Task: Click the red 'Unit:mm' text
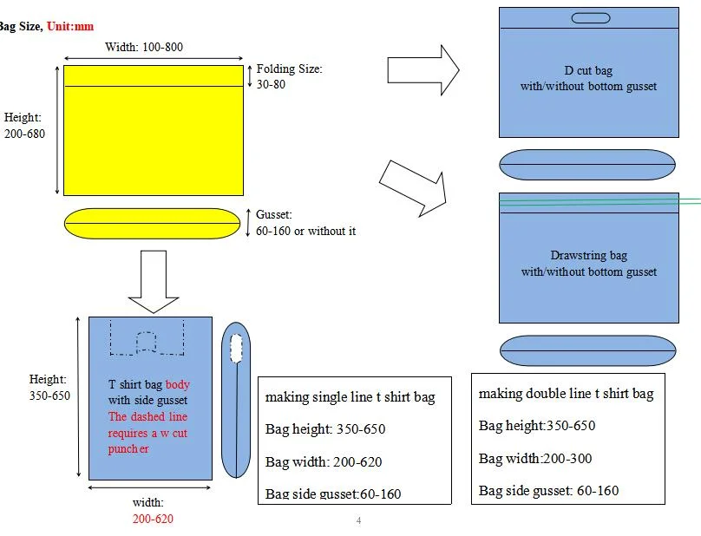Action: click(x=70, y=26)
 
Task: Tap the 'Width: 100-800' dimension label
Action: click(x=144, y=47)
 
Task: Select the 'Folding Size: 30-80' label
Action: click(x=289, y=76)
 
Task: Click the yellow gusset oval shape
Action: click(x=153, y=223)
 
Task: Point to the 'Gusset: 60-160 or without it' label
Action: click(x=305, y=223)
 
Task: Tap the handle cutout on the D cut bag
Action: click(x=589, y=18)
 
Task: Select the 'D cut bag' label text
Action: click(x=588, y=71)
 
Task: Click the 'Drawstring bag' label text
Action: click(x=588, y=256)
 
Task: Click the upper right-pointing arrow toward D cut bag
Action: click(x=423, y=69)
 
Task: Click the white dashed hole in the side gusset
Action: click(x=235, y=348)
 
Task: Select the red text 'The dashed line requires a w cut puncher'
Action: click(x=147, y=433)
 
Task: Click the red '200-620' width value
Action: click(x=153, y=519)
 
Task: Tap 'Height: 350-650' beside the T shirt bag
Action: click(x=49, y=388)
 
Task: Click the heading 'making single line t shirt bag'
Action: click(x=350, y=397)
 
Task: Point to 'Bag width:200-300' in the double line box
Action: click(x=535, y=458)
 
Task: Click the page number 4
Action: click(x=358, y=520)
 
